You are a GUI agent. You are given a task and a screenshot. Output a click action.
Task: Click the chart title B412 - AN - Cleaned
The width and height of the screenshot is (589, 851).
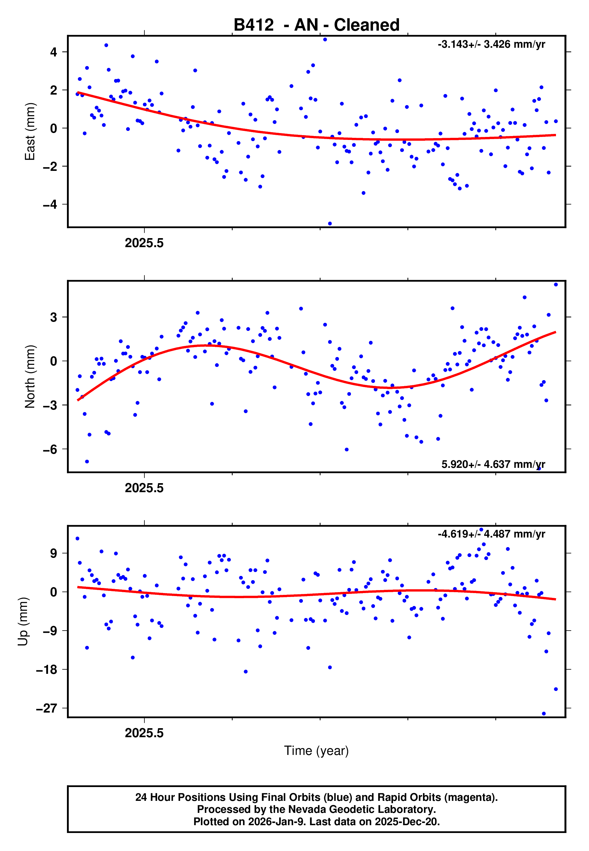tap(316, 25)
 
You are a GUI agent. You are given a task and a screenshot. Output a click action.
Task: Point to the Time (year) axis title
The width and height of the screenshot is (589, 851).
tap(316, 751)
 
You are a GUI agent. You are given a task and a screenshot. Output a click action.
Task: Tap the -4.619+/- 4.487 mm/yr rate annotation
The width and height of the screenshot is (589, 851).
tap(491, 534)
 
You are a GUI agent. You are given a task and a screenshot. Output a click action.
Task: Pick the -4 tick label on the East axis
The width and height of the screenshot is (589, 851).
tap(50, 204)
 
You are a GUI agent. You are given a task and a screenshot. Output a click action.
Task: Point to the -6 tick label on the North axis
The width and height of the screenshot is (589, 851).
tap(50, 449)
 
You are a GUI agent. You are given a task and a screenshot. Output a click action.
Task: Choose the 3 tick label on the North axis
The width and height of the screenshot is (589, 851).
tap(54, 317)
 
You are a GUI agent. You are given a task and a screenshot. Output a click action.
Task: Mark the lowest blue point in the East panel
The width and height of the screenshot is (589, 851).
tap(330, 224)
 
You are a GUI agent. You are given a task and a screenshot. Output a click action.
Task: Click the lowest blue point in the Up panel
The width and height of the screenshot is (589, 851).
tap(544, 714)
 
